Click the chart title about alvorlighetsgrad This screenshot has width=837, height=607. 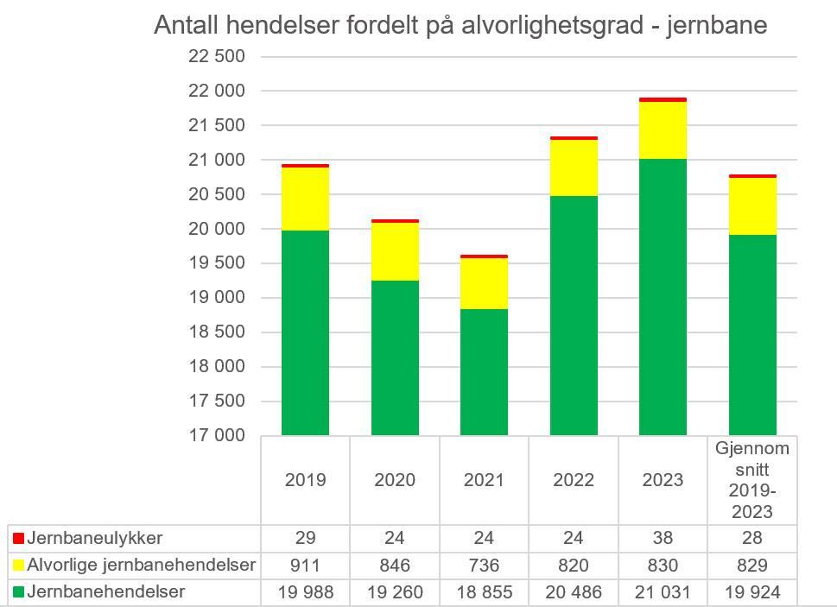pos(460,25)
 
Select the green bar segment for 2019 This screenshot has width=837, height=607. pos(305,332)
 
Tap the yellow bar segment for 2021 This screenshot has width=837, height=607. pos(484,283)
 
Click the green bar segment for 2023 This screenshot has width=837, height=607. pos(663,297)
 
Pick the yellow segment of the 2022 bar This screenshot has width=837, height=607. pos(574,168)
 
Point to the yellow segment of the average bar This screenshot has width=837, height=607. pos(752,206)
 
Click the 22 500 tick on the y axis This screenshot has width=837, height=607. pos(217,56)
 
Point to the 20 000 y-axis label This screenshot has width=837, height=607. pos(217,229)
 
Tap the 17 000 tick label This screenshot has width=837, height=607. pos(217,435)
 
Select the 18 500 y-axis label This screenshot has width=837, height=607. pos(217,332)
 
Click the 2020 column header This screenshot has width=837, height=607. pos(395,480)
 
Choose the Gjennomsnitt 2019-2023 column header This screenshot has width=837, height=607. pos(752,480)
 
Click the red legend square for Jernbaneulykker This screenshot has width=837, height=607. pos(18,538)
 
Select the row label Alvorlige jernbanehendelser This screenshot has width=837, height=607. pos(141,565)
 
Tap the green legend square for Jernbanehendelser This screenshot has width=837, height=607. pos(18,592)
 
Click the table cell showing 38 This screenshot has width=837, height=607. pos(663,538)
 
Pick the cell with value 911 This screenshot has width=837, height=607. pos(305,565)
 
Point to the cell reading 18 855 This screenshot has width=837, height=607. pos(484,592)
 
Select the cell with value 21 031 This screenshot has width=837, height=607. pos(663,592)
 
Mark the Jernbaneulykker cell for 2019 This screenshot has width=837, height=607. pos(305,538)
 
